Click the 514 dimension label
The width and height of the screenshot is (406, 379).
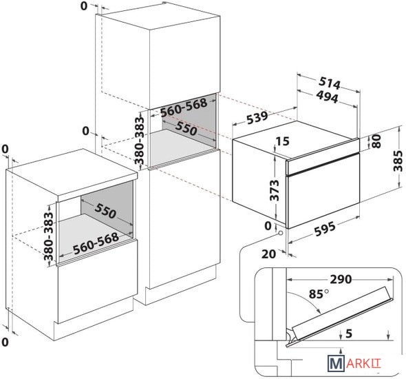[330, 83]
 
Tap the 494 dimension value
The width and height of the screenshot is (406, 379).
[327, 97]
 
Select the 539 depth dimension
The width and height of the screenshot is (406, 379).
[257, 118]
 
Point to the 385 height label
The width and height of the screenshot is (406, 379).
[398, 161]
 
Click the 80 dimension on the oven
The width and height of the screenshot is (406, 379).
[376, 141]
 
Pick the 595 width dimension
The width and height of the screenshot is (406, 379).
[325, 228]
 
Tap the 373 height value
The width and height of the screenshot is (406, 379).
[275, 191]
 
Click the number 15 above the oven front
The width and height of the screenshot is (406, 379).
[283, 141]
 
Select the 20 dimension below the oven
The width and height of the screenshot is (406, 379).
[268, 254]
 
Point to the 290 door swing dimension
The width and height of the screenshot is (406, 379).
[341, 279]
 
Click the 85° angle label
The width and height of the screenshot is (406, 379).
[319, 294]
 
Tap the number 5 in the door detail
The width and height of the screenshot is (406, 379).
[349, 334]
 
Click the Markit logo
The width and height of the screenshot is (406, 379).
[354, 363]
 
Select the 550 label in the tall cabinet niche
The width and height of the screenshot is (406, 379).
[186, 128]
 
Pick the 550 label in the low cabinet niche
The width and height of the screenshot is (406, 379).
[105, 210]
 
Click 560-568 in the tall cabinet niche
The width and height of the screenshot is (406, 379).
[184, 107]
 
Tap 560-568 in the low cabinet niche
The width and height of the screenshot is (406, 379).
[96, 244]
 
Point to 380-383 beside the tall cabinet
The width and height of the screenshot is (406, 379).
[140, 141]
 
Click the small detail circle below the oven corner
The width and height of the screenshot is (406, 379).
[281, 234]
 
